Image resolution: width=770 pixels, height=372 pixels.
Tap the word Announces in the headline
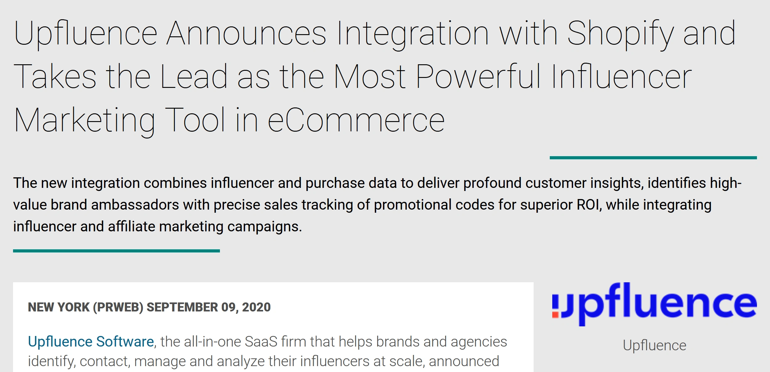tap(246, 33)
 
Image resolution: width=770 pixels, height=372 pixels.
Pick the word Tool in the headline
tap(195, 120)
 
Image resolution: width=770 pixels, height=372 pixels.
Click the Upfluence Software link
tap(91, 342)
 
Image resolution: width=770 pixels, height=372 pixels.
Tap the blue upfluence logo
tap(654, 304)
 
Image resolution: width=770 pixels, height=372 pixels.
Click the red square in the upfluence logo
tap(555, 315)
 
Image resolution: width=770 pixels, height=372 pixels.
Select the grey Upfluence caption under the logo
tap(654, 345)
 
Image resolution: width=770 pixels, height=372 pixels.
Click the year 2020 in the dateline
tap(256, 307)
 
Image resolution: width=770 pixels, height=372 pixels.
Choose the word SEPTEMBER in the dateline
tap(182, 307)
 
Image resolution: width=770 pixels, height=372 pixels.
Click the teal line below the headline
tap(653, 158)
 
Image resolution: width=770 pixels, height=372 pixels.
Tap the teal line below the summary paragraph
tap(116, 251)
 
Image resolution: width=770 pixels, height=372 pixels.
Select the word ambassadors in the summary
tap(135, 205)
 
